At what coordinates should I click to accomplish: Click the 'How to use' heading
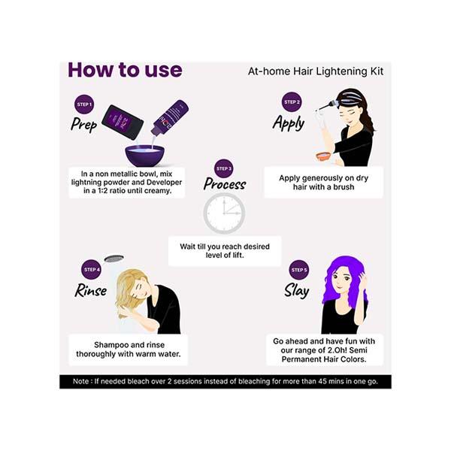[x=125, y=70]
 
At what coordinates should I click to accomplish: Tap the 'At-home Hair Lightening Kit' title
[x=316, y=71]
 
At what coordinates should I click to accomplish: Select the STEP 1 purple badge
[x=84, y=104]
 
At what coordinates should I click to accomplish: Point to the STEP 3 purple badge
[x=223, y=168]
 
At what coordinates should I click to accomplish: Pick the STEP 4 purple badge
[x=91, y=269]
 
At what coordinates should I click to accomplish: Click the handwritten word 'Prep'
[x=84, y=124]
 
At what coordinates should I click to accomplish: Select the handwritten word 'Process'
[x=225, y=184]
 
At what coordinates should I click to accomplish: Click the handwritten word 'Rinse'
[x=91, y=290]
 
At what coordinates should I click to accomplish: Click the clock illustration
[x=224, y=213]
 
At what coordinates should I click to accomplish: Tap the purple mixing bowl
[x=144, y=155]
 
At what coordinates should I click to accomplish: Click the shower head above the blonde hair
[x=114, y=259]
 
